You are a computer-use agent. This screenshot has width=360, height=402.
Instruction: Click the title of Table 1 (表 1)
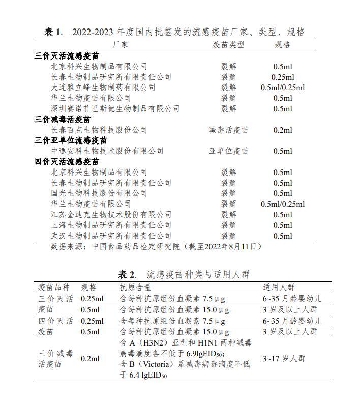pos(174,32)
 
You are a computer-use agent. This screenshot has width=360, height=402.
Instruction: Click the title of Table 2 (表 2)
pos(184,275)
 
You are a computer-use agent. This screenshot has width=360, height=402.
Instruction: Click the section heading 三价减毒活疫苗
pos(63,120)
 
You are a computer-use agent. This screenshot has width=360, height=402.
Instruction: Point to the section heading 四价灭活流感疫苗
pos(67,162)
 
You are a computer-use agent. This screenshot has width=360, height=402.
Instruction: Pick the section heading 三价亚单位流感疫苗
pos(71,140)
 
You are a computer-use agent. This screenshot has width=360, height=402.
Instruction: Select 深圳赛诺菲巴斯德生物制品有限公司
pos(115,108)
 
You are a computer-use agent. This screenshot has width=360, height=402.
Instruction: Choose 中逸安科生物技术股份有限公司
pos(107,151)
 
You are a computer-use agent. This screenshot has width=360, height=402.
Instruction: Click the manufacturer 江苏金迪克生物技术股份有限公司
pos(111,215)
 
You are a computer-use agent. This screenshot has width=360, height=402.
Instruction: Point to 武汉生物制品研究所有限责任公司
pos(111,236)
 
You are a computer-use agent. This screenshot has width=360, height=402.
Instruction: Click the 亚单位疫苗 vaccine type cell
pos(228,151)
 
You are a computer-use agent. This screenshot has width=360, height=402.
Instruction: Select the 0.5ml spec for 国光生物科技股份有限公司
pos(283,193)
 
